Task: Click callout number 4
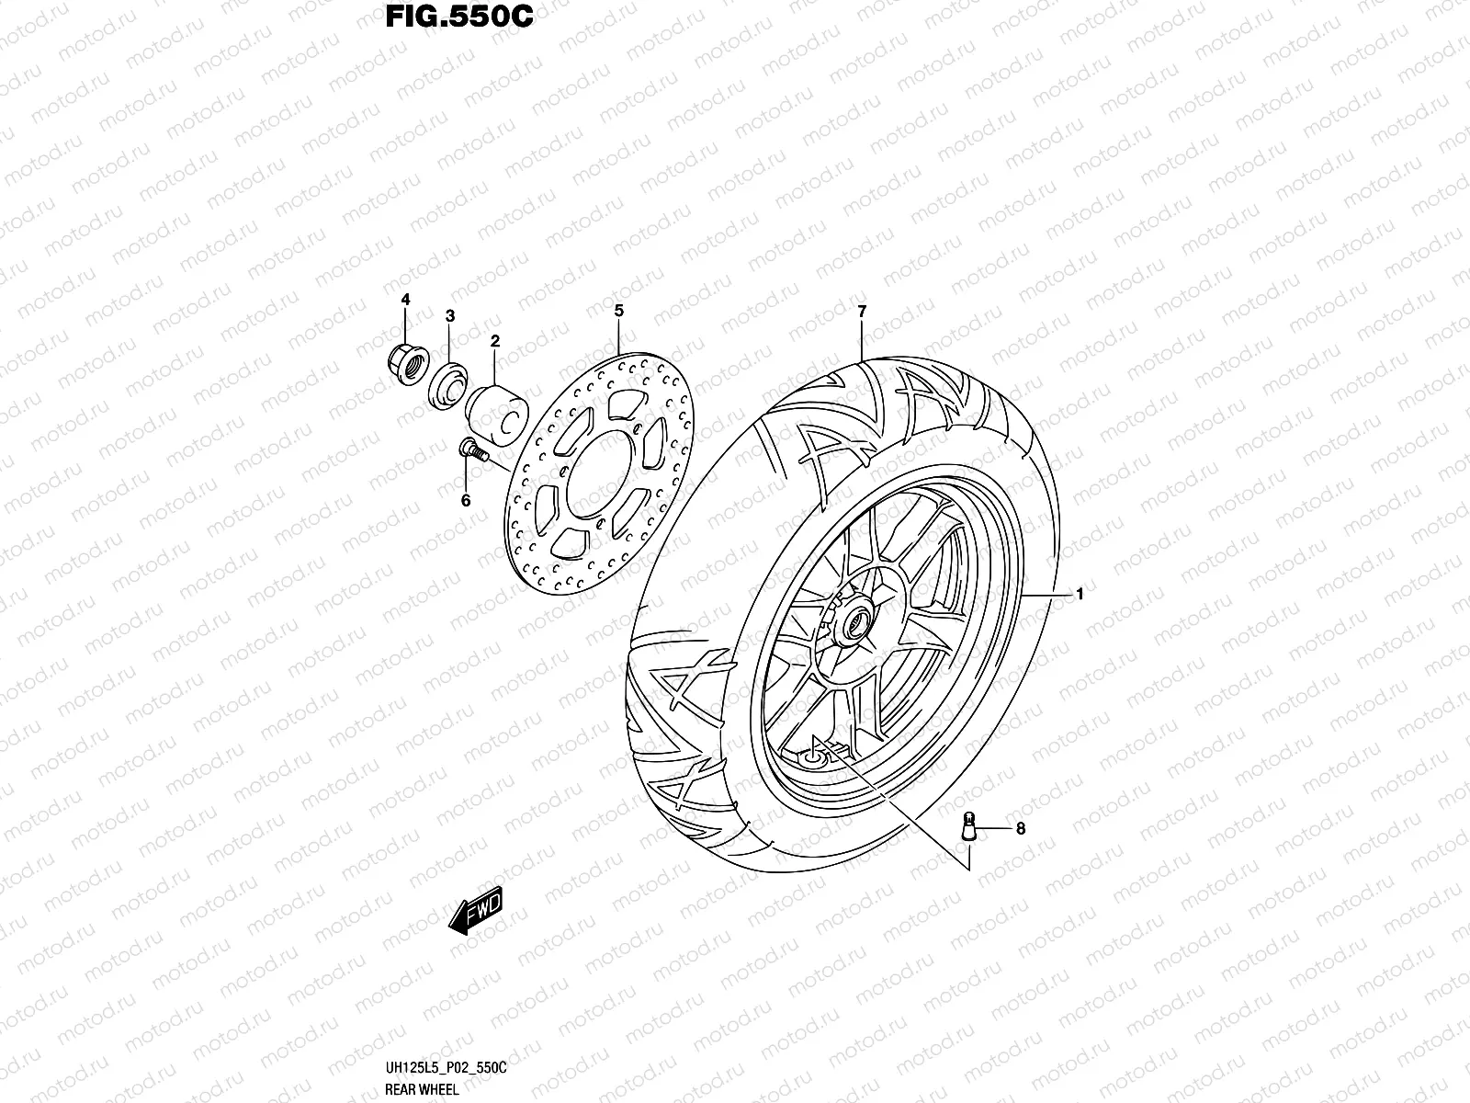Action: point(405,301)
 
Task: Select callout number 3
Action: point(450,316)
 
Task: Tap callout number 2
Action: point(494,341)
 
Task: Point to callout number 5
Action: point(619,311)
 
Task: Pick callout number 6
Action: point(466,500)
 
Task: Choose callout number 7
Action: point(862,312)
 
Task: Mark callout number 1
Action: point(1080,595)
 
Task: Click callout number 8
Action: point(1020,829)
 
